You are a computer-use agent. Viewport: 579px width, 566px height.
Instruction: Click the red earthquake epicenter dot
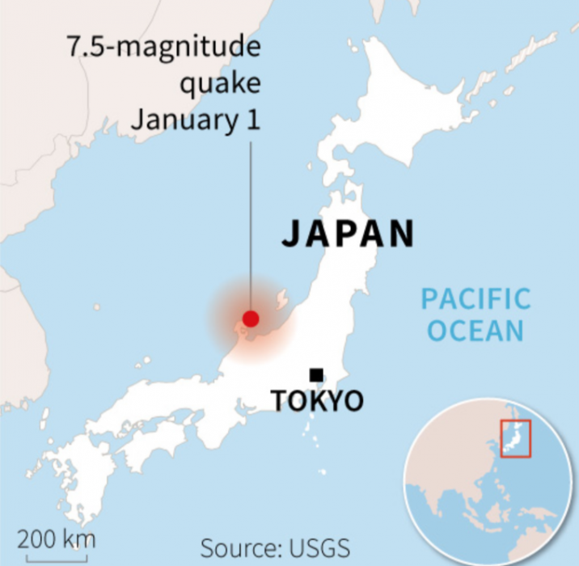(251, 319)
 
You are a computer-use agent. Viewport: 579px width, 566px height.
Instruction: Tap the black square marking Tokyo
(317, 374)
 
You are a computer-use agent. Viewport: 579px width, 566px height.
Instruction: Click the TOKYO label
(317, 400)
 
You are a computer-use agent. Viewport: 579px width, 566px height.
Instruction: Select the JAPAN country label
(348, 233)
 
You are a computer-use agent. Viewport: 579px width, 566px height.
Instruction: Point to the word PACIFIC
(475, 300)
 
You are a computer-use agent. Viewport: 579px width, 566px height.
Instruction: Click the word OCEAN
(475, 331)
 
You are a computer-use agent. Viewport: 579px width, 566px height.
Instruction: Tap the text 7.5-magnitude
(164, 48)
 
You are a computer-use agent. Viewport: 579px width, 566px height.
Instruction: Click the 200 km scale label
(56, 538)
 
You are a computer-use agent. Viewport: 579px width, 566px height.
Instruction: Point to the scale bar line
(56, 556)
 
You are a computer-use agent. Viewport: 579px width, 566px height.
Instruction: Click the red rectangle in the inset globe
(514, 438)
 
